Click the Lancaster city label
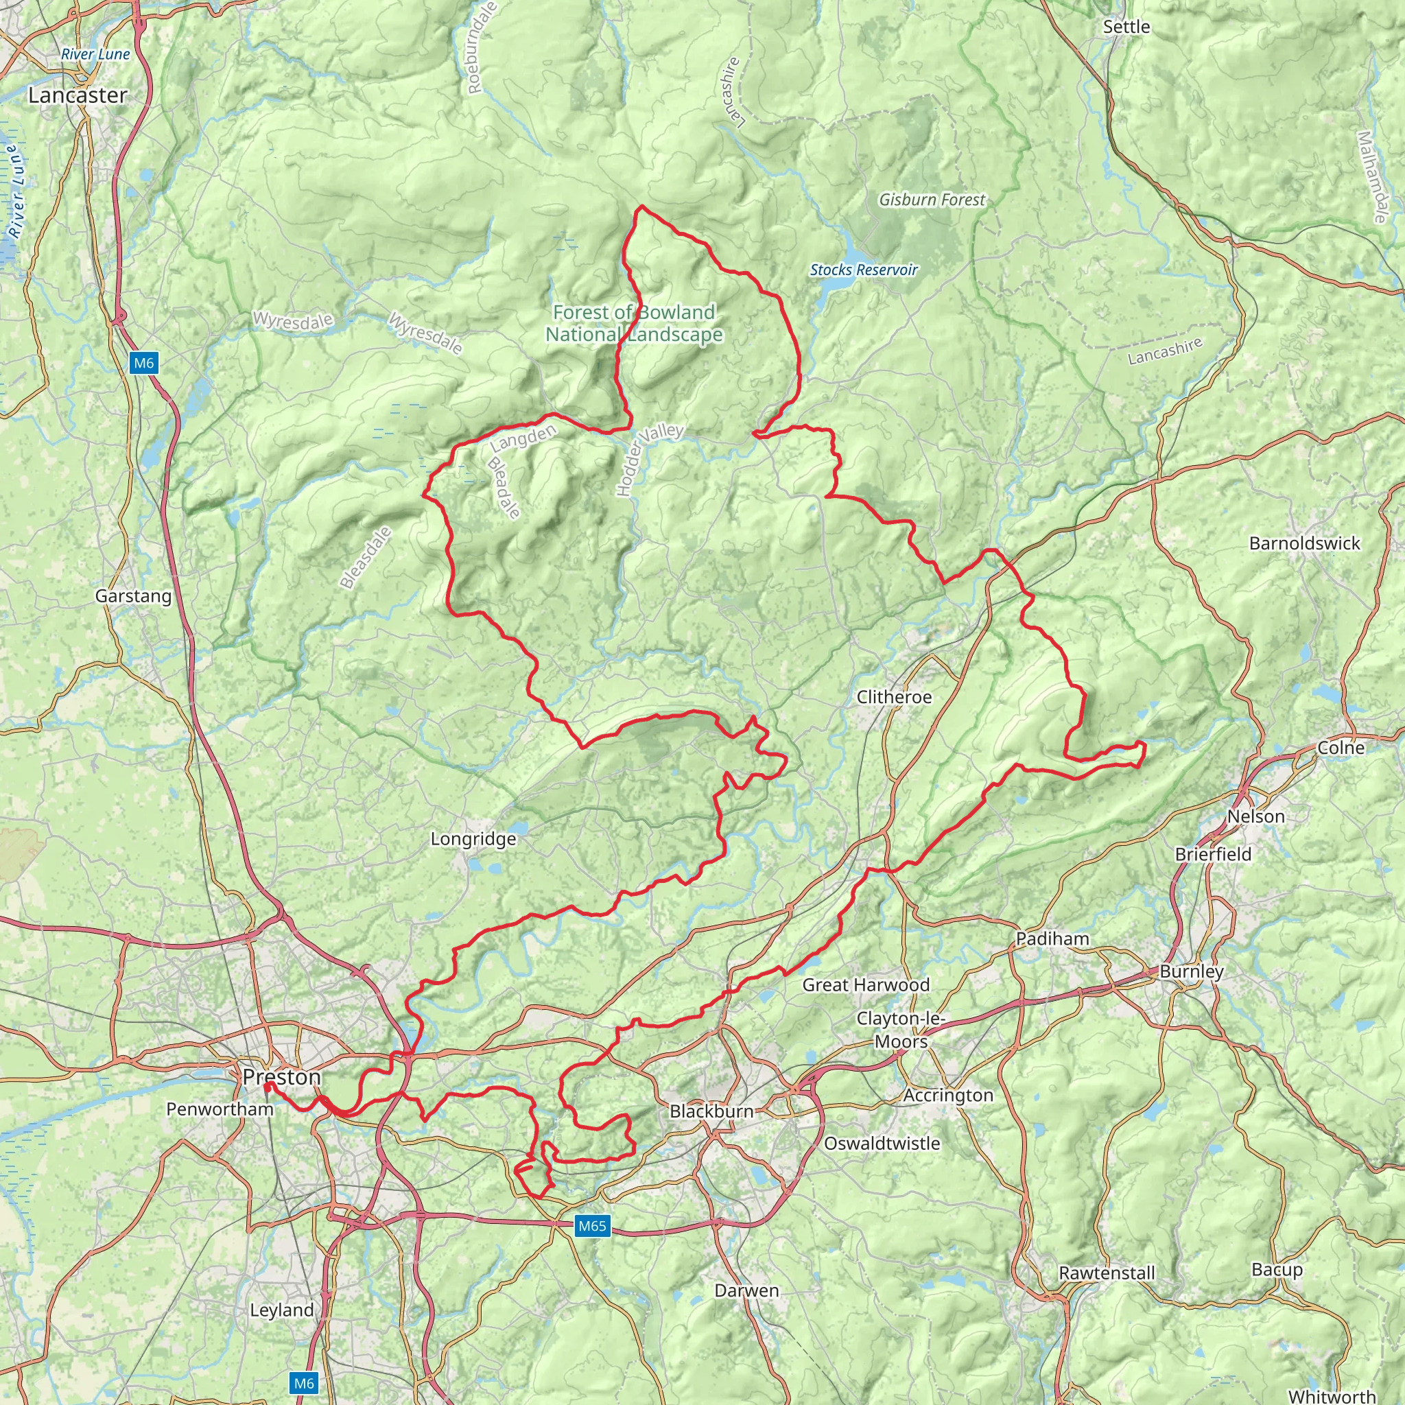point(77,95)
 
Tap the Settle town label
point(1126,27)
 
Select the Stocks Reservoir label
point(863,270)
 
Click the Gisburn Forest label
point(932,199)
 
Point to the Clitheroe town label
point(894,697)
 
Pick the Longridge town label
point(473,838)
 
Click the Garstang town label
point(134,595)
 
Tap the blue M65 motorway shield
point(591,1226)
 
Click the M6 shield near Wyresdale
point(144,362)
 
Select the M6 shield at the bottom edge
point(304,1382)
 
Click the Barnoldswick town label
point(1304,543)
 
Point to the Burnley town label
point(1191,971)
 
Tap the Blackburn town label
point(711,1111)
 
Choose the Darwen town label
point(746,1290)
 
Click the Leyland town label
point(281,1310)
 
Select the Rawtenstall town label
point(1106,1273)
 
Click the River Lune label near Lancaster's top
point(95,54)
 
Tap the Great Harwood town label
point(865,984)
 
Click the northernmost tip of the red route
point(641,206)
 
